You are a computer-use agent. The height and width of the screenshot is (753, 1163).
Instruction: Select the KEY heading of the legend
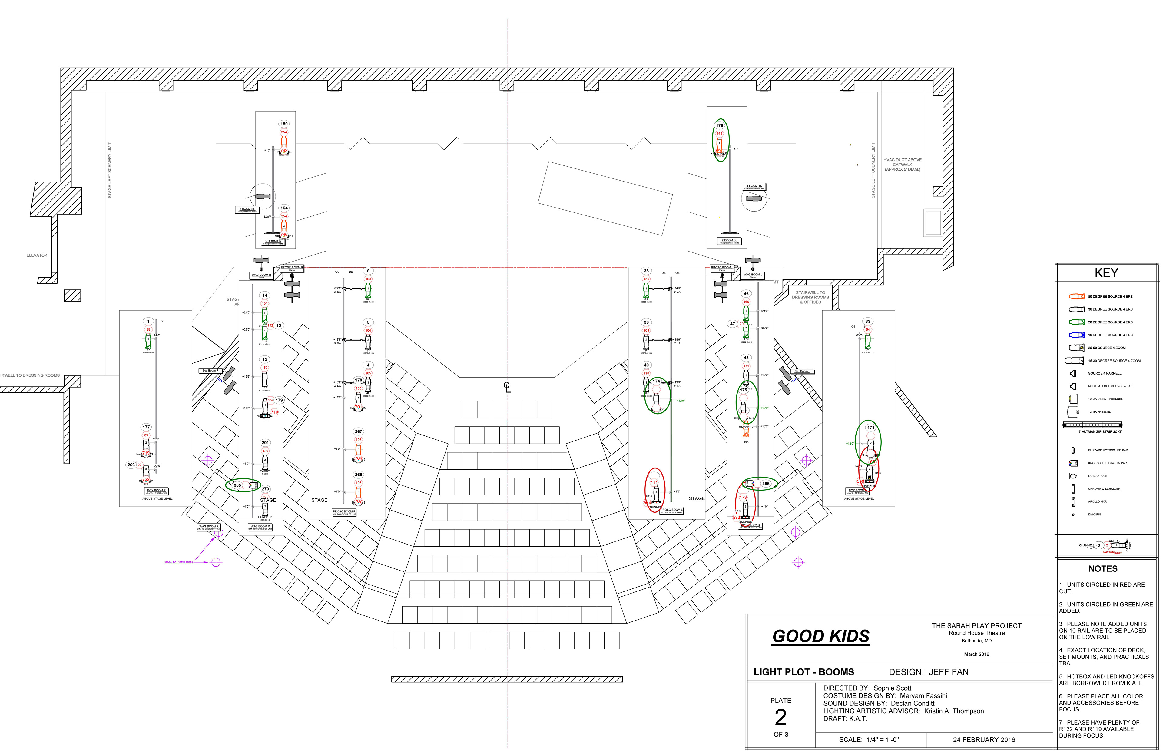click(1106, 273)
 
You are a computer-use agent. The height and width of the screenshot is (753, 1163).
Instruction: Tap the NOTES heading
click(1103, 569)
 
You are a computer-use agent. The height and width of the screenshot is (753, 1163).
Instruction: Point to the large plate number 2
click(780, 717)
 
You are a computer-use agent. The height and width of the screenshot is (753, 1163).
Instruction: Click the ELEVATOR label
click(37, 255)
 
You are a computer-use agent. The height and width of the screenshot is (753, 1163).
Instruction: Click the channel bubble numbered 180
click(284, 124)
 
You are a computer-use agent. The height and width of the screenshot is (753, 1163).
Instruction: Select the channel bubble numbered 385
click(237, 485)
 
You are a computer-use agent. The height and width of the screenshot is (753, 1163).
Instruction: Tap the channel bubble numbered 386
click(766, 484)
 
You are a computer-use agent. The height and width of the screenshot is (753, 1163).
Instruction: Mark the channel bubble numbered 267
click(359, 431)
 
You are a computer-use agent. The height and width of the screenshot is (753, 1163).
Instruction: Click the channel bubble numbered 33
click(868, 321)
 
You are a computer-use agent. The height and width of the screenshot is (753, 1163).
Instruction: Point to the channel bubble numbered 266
click(131, 465)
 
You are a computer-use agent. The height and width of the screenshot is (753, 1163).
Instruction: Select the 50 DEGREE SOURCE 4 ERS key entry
click(1110, 296)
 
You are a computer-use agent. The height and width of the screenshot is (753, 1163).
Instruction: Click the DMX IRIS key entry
click(1095, 515)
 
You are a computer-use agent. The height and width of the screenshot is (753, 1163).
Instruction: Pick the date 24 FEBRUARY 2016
click(984, 740)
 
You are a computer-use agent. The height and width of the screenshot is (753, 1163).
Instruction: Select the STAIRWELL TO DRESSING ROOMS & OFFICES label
click(810, 297)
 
